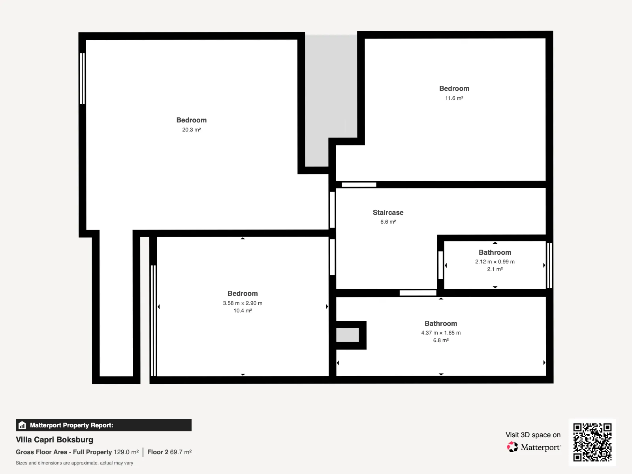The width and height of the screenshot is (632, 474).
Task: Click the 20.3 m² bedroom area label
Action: point(191,130)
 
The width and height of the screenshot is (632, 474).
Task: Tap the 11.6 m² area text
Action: point(454,98)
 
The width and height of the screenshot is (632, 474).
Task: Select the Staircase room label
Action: point(388,213)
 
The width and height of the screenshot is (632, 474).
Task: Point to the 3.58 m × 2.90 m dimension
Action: point(243,303)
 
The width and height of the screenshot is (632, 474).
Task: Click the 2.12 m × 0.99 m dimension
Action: point(495,261)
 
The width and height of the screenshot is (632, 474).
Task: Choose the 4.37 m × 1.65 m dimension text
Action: point(441,333)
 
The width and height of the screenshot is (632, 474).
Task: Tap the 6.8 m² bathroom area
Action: point(441,340)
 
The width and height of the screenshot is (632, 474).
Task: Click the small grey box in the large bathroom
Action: point(348,335)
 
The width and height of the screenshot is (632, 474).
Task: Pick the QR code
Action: point(592,442)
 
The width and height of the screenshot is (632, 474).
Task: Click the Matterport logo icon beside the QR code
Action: point(512,447)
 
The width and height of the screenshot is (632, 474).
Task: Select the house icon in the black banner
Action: point(22,425)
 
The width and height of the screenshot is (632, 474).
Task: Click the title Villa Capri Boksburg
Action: point(55,440)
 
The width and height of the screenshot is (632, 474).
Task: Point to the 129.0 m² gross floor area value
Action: point(126,452)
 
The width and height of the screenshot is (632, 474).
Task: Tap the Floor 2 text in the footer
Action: point(158,452)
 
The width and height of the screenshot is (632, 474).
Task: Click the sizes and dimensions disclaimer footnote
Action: point(74,463)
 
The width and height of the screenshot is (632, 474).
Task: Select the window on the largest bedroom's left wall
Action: point(82,79)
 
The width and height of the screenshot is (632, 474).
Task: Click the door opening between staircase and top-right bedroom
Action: point(359,184)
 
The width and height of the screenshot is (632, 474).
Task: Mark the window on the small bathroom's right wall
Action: point(549,265)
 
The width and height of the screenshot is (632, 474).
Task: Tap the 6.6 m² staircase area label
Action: point(388,222)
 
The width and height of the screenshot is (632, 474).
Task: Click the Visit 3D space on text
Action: point(533,435)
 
